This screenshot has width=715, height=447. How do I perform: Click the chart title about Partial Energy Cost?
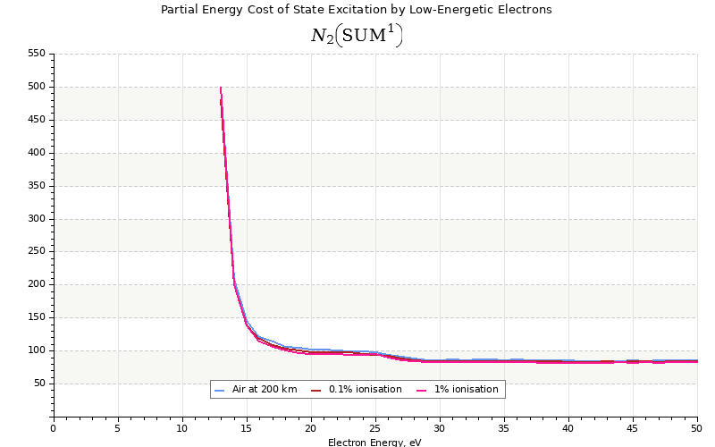pos(356,10)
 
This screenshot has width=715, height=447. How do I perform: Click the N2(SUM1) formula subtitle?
pos(356,35)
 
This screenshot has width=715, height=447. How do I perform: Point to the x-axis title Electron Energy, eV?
pos(374,442)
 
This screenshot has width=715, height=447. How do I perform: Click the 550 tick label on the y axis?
pos(36,54)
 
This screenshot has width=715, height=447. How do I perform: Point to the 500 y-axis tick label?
pos(36,87)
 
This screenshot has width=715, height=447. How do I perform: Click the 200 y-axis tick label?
pos(36,284)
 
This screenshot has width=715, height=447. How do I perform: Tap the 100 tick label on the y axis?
pos(36,350)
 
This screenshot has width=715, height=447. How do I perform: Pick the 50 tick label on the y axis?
pos(38,384)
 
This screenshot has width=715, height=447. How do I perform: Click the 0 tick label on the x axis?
pos(54,427)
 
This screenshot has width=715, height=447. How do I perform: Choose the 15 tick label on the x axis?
pos(247,427)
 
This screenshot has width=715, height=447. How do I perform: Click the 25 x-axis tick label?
pos(375,427)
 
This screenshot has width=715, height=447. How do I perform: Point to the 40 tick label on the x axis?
pos(568,427)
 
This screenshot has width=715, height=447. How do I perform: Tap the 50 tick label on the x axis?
pos(697,427)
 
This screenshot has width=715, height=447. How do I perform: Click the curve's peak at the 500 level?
pos(220,88)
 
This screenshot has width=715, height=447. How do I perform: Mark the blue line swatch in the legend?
pos(220,390)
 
